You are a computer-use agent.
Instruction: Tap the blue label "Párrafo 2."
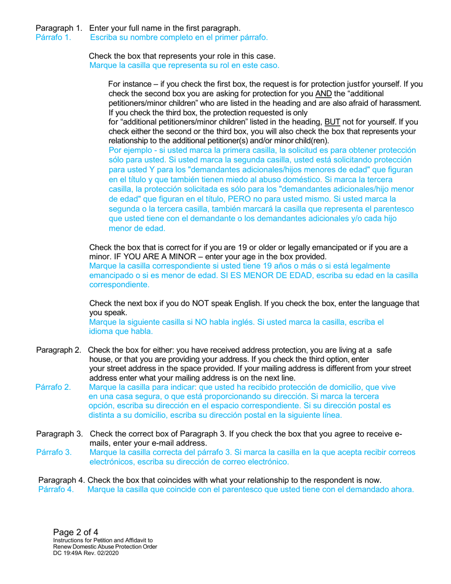click(54, 387)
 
